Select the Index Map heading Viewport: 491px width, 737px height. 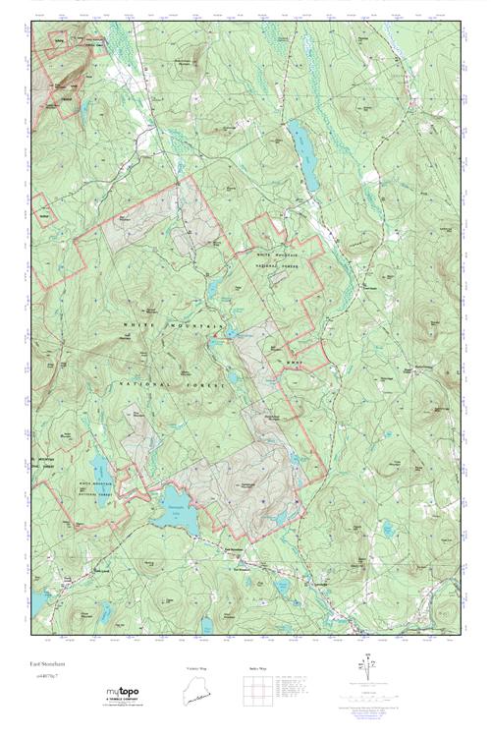point(256,669)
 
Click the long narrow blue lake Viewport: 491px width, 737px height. point(305,157)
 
